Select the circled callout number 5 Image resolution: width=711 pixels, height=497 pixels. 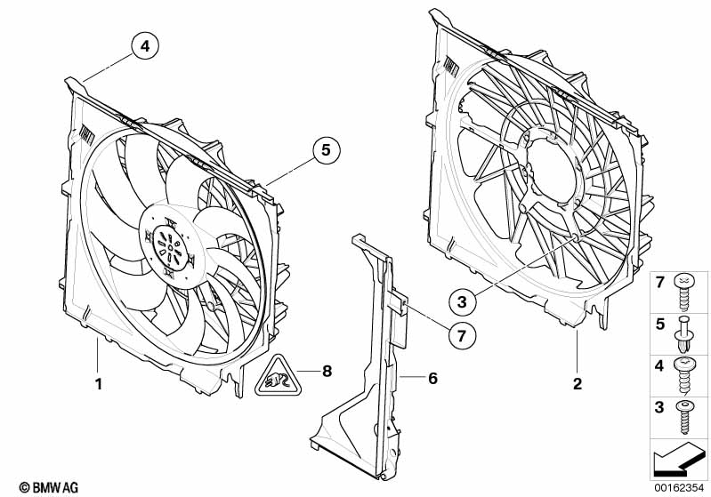[325, 151]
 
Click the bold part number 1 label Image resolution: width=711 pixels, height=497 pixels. [99, 385]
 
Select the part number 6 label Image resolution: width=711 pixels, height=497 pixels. [432, 378]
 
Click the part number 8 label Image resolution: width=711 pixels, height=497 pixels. [327, 372]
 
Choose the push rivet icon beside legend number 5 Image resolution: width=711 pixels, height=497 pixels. [683, 328]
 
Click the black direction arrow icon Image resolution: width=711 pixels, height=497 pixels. [680, 458]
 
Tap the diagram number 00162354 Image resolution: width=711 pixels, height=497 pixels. [680, 485]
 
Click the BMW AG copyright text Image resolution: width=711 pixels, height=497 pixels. [43, 486]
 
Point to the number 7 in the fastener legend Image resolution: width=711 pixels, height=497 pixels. [660, 282]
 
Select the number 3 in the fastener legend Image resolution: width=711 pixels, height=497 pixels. [660, 407]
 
